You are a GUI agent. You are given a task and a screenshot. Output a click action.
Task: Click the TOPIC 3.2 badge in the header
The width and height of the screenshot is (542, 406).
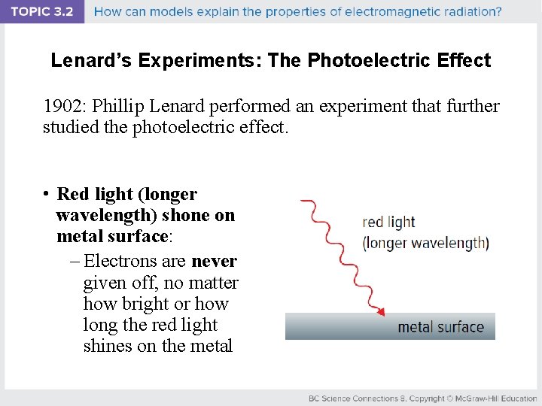(x=41, y=11)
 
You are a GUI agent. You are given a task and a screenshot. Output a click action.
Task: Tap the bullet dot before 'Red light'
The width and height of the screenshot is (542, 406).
(x=47, y=194)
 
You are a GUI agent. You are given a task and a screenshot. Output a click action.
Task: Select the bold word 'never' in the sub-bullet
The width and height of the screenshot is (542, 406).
(x=215, y=262)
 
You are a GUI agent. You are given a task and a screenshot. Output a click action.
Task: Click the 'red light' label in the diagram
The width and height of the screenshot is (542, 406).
(x=388, y=222)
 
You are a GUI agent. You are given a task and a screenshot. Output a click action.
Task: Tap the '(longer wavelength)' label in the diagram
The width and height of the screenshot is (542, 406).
(x=425, y=243)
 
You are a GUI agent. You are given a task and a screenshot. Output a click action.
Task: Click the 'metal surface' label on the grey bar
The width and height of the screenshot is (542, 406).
(x=440, y=327)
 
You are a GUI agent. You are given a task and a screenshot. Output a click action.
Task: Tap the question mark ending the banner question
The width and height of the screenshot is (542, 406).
(x=498, y=11)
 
